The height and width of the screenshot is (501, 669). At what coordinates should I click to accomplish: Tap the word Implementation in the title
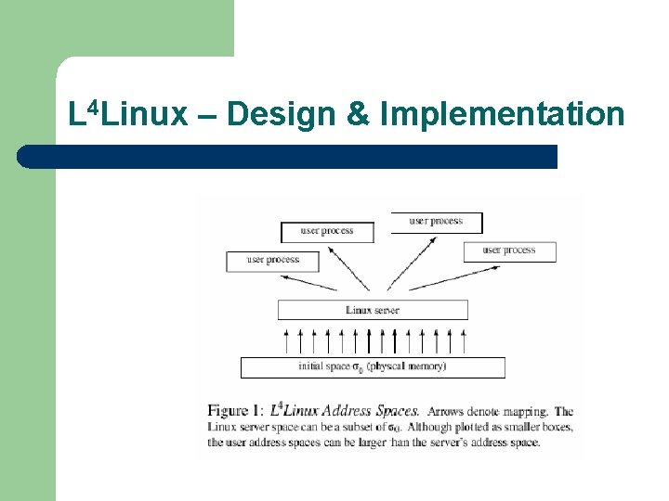pos(502,114)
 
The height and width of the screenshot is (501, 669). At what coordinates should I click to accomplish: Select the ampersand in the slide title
pos(358,114)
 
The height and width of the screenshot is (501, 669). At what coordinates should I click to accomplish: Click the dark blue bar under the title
pos(288,157)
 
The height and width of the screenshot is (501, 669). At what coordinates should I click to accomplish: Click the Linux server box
pos(373,310)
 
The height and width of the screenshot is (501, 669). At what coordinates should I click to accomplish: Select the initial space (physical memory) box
pos(373,367)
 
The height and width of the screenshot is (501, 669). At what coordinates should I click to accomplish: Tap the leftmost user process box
pos(272,261)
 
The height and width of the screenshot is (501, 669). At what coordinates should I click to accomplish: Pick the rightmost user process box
pos(509,250)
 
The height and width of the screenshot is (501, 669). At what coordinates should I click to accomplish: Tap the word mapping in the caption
pos(525,411)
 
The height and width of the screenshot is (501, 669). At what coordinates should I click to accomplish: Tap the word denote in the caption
pos(487,411)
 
